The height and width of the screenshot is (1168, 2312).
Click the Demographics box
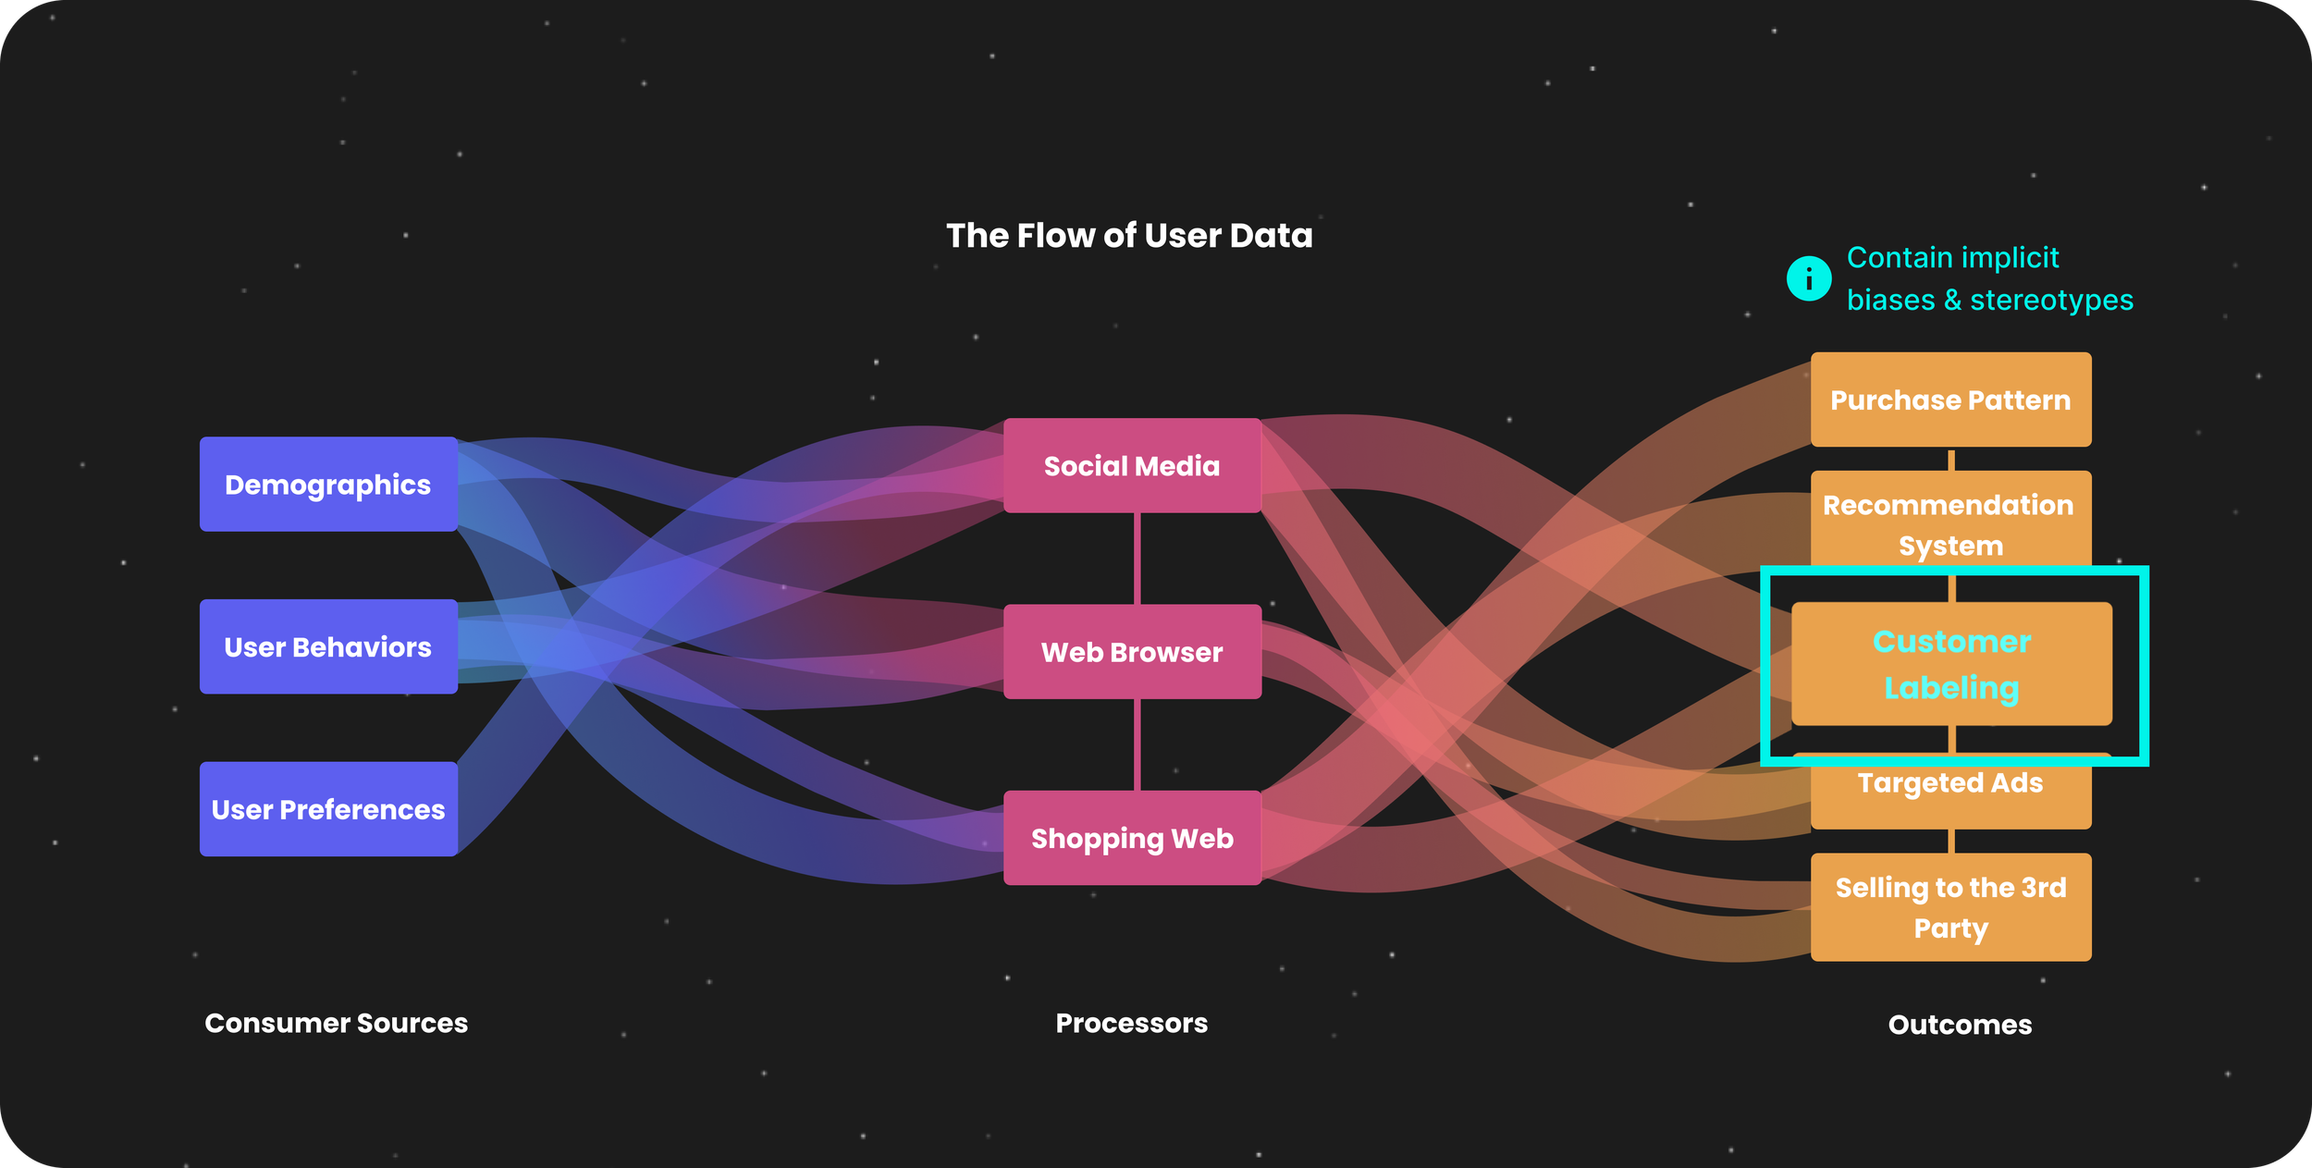328,485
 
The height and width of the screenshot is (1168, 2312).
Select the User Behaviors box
328,647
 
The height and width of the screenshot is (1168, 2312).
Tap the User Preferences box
328,809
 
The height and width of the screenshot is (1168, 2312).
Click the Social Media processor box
1132,466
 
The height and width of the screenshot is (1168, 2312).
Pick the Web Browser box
1132,652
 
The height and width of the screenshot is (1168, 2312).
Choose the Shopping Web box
1132,838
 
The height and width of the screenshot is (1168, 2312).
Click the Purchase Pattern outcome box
1950,400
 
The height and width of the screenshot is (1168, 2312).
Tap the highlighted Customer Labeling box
1951,664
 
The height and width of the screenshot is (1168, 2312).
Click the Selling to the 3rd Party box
1950,907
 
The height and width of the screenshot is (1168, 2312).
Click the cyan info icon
1809,278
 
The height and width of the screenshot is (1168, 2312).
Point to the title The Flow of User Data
1129,236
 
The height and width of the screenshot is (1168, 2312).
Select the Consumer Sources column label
336,1023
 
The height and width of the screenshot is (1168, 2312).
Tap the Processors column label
1131,1023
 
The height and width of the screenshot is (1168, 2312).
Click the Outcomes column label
1960,1025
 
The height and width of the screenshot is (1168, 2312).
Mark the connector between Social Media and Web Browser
1137,559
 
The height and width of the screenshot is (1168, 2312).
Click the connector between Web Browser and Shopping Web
1137,744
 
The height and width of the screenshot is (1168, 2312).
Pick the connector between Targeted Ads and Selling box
1951,841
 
